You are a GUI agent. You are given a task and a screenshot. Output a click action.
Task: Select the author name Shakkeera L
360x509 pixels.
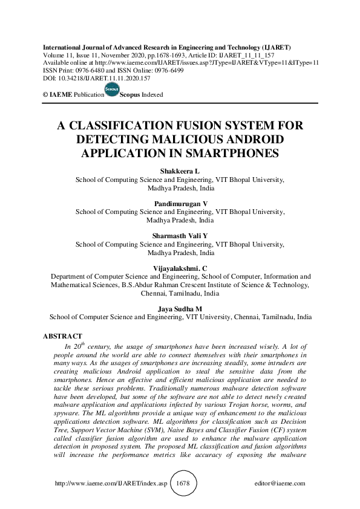pos(180,172)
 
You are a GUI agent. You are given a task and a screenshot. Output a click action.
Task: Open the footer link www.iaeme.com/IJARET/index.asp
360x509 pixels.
pos(110,484)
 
